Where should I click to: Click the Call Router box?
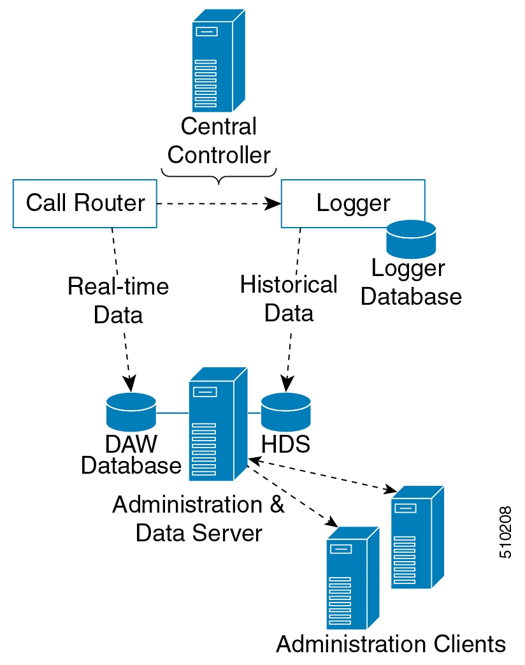(85, 203)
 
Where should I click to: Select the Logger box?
(353, 203)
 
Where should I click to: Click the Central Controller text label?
(219, 140)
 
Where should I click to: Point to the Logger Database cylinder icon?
(411, 238)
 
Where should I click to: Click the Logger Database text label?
(410, 282)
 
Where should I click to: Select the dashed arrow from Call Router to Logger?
(217, 204)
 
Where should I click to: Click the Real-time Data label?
(118, 300)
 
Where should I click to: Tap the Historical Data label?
(289, 298)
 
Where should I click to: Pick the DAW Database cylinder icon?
(131, 412)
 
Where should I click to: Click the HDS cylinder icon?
(285, 412)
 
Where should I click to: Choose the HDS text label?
(285, 444)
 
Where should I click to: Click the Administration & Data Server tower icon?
(217, 424)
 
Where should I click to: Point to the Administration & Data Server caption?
(198, 518)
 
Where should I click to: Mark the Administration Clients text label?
(391, 644)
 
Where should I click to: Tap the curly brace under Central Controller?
(219, 175)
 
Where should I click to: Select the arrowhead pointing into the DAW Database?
(130, 384)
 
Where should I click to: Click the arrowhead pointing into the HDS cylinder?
(286, 384)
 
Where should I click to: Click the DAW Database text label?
(131, 455)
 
